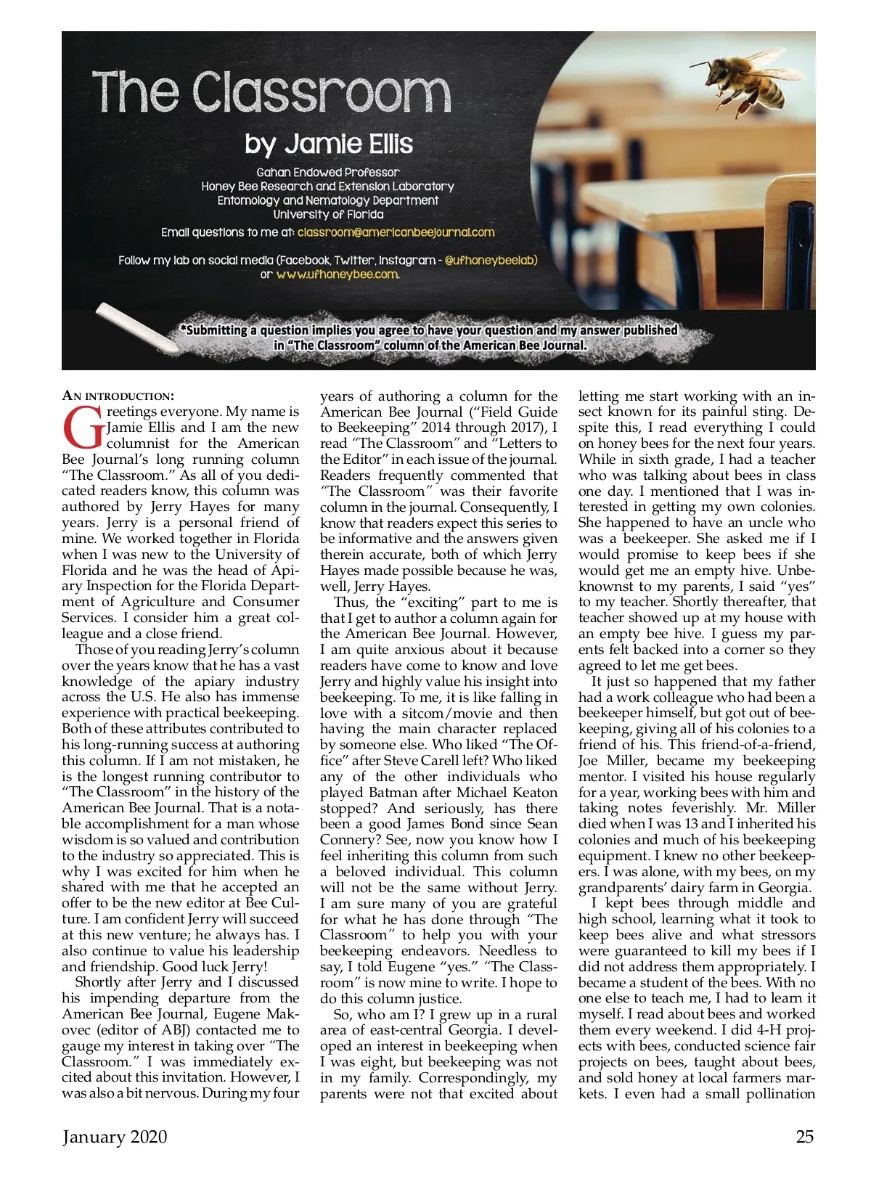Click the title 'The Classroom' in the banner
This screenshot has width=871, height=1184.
[271, 92]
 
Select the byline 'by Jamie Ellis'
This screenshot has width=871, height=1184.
[328, 144]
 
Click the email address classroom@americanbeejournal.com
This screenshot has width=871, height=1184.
[396, 232]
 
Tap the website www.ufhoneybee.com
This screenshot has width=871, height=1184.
[338, 274]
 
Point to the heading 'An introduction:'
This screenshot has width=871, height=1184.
[118, 396]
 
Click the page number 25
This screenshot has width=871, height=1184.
[804, 1137]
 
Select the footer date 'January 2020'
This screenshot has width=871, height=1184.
[115, 1137]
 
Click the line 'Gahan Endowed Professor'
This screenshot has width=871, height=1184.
[327, 172]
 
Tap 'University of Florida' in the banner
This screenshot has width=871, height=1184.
[328, 214]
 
